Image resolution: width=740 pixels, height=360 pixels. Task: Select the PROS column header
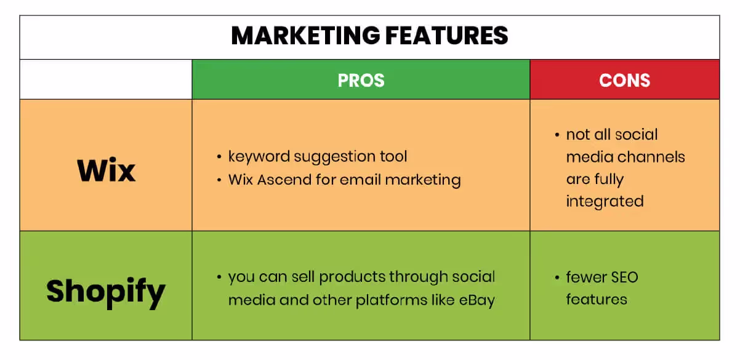click(x=361, y=80)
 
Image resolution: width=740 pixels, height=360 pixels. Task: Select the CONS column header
click(x=624, y=80)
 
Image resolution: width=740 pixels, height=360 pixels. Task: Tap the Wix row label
click(x=106, y=169)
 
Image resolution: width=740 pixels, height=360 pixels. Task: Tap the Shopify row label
click(x=106, y=290)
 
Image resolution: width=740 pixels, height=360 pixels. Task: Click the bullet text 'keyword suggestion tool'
click(x=318, y=156)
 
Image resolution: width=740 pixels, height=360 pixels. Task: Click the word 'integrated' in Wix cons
click(x=605, y=201)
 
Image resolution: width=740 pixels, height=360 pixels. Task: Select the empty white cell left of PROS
click(x=106, y=80)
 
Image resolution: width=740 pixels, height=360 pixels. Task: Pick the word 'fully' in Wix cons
click(x=609, y=179)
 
